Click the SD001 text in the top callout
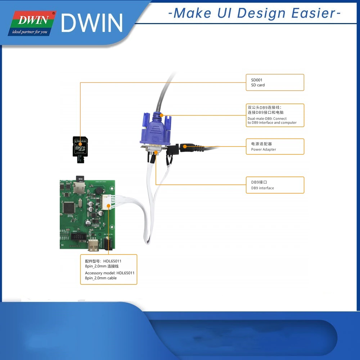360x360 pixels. (x=257, y=80)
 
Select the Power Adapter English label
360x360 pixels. (x=264, y=149)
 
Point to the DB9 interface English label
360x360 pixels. (x=262, y=188)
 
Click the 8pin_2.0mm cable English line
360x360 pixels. (x=101, y=278)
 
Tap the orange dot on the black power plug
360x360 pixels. (x=185, y=147)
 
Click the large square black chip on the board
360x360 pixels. (x=68, y=207)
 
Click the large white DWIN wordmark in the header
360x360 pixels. (x=92, y=23)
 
